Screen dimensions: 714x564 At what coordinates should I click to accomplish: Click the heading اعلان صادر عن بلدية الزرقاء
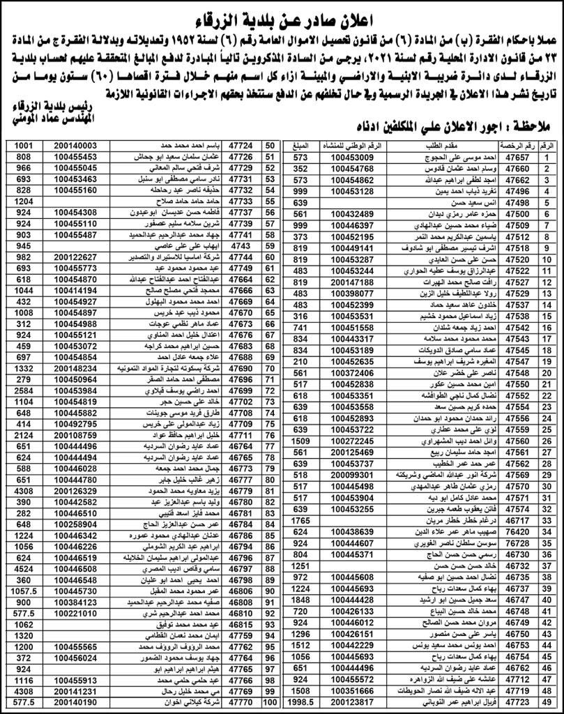point(281,15)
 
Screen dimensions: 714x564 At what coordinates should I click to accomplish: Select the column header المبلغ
point(300,145)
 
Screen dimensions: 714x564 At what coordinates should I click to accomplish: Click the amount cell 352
point(300,169)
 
